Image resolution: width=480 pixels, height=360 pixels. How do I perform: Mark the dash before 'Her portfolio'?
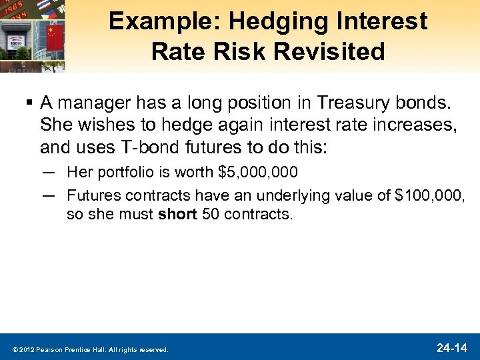tap(47, 173)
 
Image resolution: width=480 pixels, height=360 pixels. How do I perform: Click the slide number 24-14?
tap(452, 348)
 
